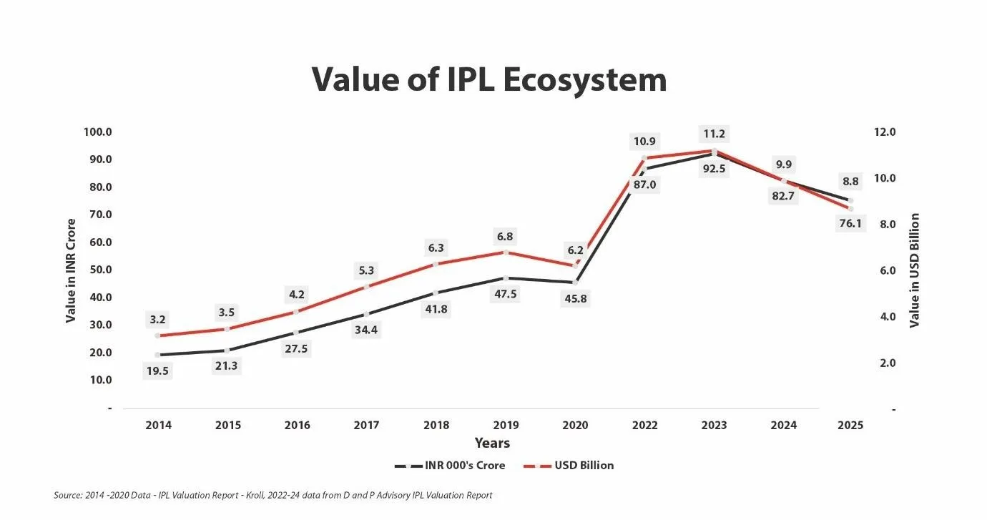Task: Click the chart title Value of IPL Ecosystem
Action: click(x=489, y=79)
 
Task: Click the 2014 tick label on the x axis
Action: click(x=157, y=425)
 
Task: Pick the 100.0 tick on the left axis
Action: click(x=98, y=132)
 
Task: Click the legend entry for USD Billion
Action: click(x=584, y=466)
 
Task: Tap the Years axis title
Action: click(x=492, y=443)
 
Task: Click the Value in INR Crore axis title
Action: click(x=71, y=270)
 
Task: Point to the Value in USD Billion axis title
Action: click(x=914, y=270)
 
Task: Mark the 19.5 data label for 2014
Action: click(x=157, y=371)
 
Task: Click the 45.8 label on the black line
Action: click(x=574, y=299)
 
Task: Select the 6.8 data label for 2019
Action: click(x=504, y=236)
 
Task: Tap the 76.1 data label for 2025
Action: click(x=850, y=223)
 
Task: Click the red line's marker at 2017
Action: click(x=366, y=287)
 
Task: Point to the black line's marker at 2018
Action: click(x=436, y=293)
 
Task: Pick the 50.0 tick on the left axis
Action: click(x=98, y=270)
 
